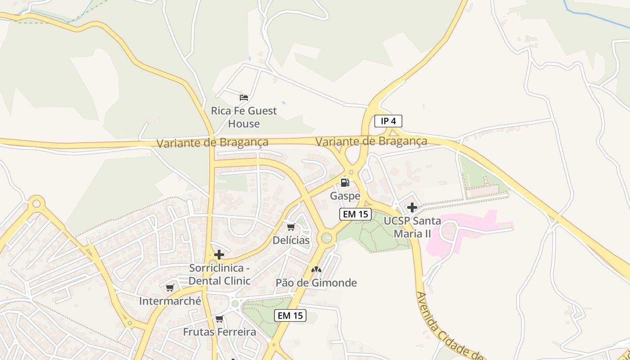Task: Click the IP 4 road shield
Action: pyautogui.click(x=388, y=121)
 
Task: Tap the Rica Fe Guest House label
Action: pyautogui.click(x=244, y=117)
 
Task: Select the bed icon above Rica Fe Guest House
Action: pyautogui.click(x=244, y=97)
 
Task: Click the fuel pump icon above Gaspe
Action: pyautogui.click(x=345, y=182)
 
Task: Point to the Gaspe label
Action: pyautogui.click(x=345, y=196)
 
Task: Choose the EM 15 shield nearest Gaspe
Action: pyautogui.click(x=355, y=214)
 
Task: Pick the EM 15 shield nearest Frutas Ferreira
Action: pyautogui.click(x=290, y=315)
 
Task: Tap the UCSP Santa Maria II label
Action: pyautogui.click(x=412, y=227)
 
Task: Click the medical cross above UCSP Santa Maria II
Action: pyautogui.click(x=412, y=207)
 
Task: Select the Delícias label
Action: pyautogui.click(x=291, y=240)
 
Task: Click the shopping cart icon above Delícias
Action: pyautogui.click(x=291, y=227)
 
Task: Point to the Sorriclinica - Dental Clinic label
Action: pyautogui.click(x=219, y=274)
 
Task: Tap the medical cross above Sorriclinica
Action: pyautogui.click(x=219, y=255)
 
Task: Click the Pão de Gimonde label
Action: pyautogui.click(x=316, y=283)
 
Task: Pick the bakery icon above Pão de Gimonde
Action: pyautogui.click(x=316, y=270)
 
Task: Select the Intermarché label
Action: pyautogui.click(x=170, y=301)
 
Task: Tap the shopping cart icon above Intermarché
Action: pyautogui.click(x=170, y=288)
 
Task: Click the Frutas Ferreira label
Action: pyautogui.click(x=219, y=332)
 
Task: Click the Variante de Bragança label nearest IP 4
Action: pyautogui.click(x=371, y=141)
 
